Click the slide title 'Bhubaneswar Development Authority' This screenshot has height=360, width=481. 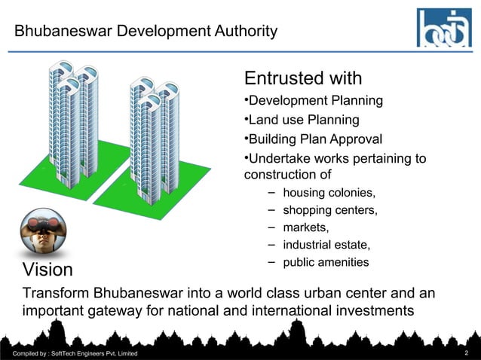(x=146, y=32)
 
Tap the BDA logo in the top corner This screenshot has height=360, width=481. (x=445, y=28)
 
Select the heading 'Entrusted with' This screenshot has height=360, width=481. (x=303, y=78)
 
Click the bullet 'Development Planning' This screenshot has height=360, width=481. (x=314, y=101)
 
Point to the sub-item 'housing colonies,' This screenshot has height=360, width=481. (x=329, y=192)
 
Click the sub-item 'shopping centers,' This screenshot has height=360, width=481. (x=329, y=209)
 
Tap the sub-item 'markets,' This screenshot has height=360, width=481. (x=305, y=227)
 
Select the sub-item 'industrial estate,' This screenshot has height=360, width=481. (x=326, y=245)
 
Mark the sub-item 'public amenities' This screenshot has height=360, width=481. (x=326, y=262)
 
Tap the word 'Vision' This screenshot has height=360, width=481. (x=48, y=270)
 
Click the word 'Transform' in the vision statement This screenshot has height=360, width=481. (x=57, y=292)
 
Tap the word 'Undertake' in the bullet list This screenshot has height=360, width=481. (x=278, y=159)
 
